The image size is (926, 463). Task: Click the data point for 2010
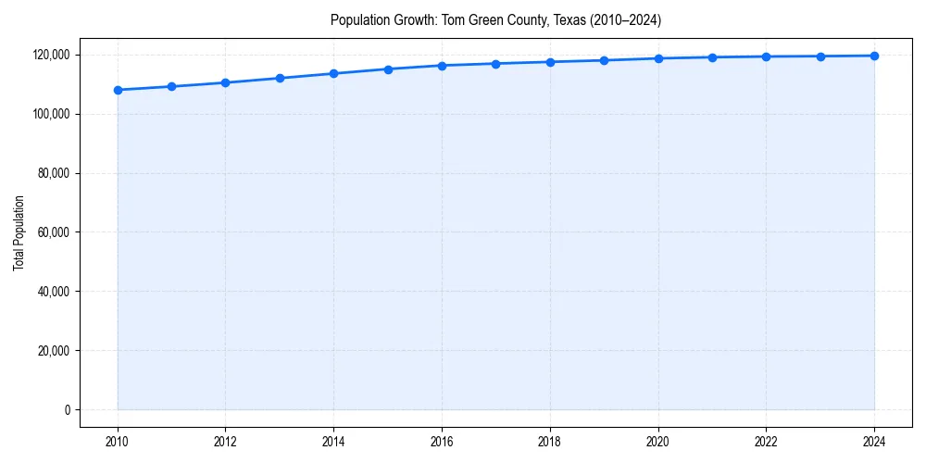(118, 90)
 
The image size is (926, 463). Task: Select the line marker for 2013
(280, 78)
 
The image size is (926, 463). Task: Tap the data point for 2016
(442, 66)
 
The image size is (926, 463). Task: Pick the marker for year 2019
(604, 60)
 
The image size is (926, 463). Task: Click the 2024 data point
(874, 56)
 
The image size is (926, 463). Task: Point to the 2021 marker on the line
(712, 57)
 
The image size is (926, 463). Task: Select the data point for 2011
(171, 86)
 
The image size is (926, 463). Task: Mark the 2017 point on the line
(495, 64)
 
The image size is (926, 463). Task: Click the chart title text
(495, 20)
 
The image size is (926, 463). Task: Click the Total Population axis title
(19, 232)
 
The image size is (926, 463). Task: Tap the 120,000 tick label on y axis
(50, 55)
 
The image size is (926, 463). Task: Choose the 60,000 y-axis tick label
(53, 232)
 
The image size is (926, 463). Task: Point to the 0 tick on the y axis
(67, 409)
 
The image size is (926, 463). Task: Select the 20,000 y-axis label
(53, 351)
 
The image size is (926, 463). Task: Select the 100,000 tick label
(50, 114)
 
